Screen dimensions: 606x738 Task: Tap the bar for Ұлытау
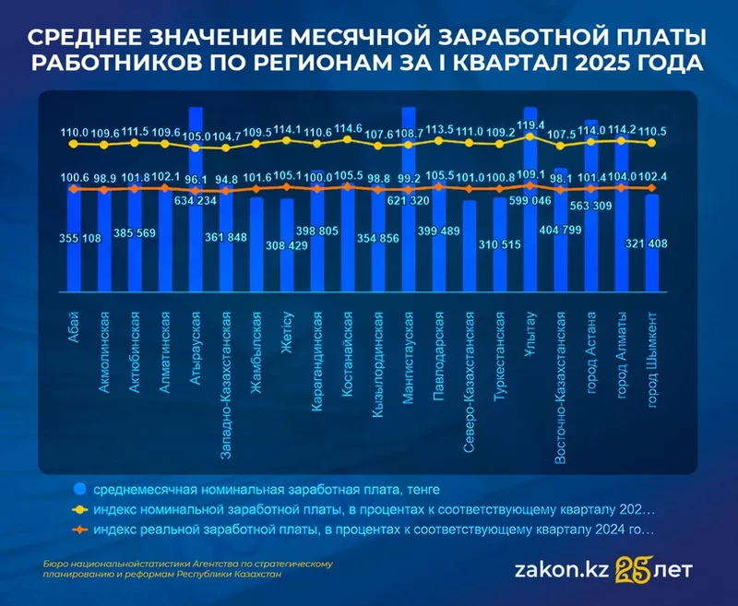530,231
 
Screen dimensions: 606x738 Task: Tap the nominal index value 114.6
348,128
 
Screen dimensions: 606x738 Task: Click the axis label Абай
74,321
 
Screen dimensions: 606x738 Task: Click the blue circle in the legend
78,488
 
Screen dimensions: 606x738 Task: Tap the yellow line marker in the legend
78,509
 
